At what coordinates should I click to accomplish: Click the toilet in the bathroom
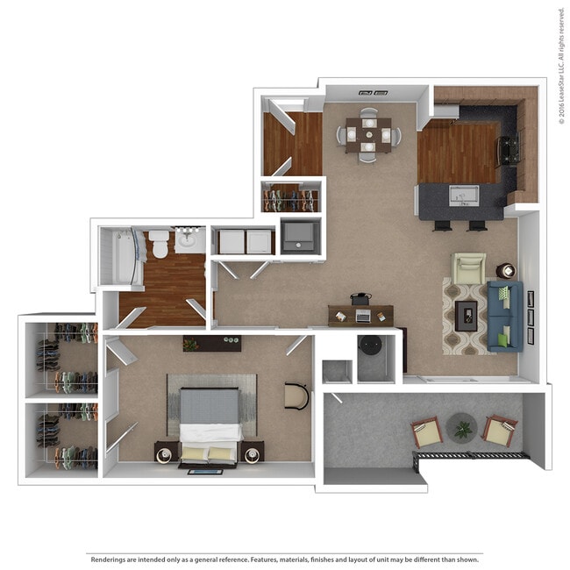click(160, 243)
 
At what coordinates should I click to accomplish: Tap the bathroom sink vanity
click(189, 239)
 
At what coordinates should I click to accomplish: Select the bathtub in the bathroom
click(119, 256)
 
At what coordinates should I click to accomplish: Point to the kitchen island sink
click(462, 194)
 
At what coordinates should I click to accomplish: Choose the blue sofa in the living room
click(504, 316)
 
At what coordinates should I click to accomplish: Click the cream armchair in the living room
click(468, 267)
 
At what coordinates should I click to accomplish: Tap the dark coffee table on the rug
click(467, 313)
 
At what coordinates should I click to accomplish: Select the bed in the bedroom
click(210, 424)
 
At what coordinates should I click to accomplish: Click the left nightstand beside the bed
click(166, 452)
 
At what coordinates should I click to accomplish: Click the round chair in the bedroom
click(297, 395)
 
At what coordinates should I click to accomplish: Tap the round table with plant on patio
click(461, 428)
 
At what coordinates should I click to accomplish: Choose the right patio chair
click(499, 431)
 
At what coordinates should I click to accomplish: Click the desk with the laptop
click(361, 314)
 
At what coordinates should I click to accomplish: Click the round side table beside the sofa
click(506, 270)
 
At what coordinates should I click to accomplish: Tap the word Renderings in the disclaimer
click(110, 558)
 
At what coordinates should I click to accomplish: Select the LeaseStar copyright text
click(561, 67)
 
